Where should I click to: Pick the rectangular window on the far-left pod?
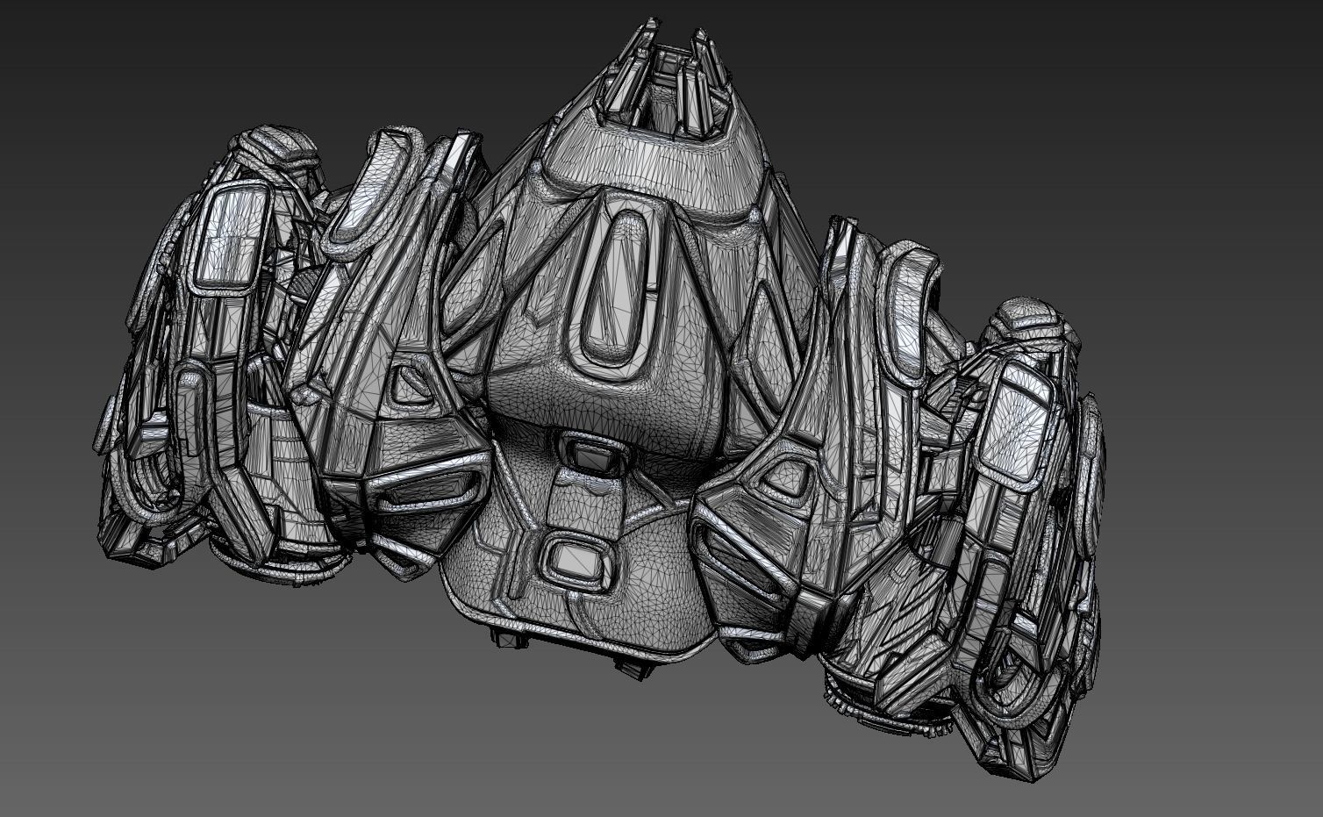227,237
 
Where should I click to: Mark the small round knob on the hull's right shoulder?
757,213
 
